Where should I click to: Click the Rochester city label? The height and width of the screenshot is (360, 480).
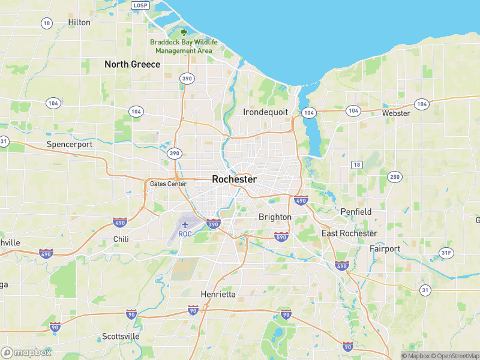tap(234, 179)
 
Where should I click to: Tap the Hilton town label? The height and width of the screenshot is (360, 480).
tap(79, 22)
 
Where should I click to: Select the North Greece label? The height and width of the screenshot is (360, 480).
tap(132, 64)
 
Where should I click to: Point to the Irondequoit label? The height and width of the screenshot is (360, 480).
tap(266, 112)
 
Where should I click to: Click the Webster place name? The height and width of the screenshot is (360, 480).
tap(396, 113)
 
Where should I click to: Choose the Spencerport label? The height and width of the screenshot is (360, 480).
tap(70, 145)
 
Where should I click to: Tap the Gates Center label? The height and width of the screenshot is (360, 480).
tap(168, 184)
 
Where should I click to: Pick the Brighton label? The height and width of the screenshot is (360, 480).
tap(275, 217)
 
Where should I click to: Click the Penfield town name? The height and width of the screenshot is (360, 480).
tap(356, 212)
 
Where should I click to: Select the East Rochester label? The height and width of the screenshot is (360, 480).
tap(349, 233)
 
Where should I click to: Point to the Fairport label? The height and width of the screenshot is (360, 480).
tap(385, 248)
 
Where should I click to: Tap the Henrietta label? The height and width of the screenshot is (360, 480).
tap(218, 294)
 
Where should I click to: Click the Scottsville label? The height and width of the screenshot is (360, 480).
tap(121, 336)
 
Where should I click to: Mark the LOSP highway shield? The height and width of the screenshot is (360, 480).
tap(140, 5)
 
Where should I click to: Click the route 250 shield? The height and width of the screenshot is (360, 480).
tap(394, 176)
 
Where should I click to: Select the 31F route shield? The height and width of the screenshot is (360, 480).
tap(446, 253)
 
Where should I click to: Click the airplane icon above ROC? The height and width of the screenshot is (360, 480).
tap(184, 224)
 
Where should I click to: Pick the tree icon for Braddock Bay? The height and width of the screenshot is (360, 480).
tap(184, 32)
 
